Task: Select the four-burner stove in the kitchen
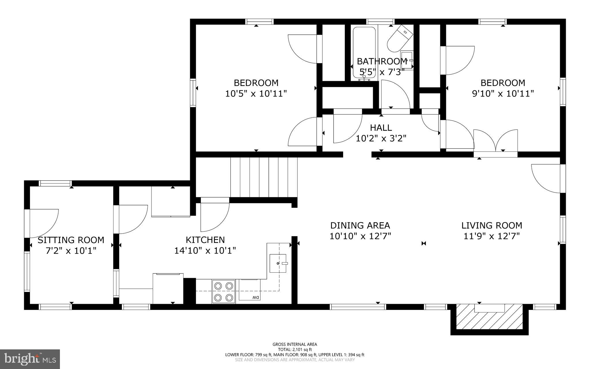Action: tap(224, 291)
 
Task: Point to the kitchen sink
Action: tap(278, 263)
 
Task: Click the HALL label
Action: tap(381, 128)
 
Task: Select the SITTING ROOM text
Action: tap(71, 240)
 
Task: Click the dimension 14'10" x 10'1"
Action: tap(205, 250)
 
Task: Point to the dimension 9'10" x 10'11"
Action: tap(503, 94)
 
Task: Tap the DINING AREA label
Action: tap(360, 225)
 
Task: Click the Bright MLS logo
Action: tap(30, 359)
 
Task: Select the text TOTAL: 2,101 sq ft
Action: tap(295, 350)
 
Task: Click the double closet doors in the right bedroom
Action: tap(496, 141)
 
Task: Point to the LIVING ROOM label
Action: tap(492, 225)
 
